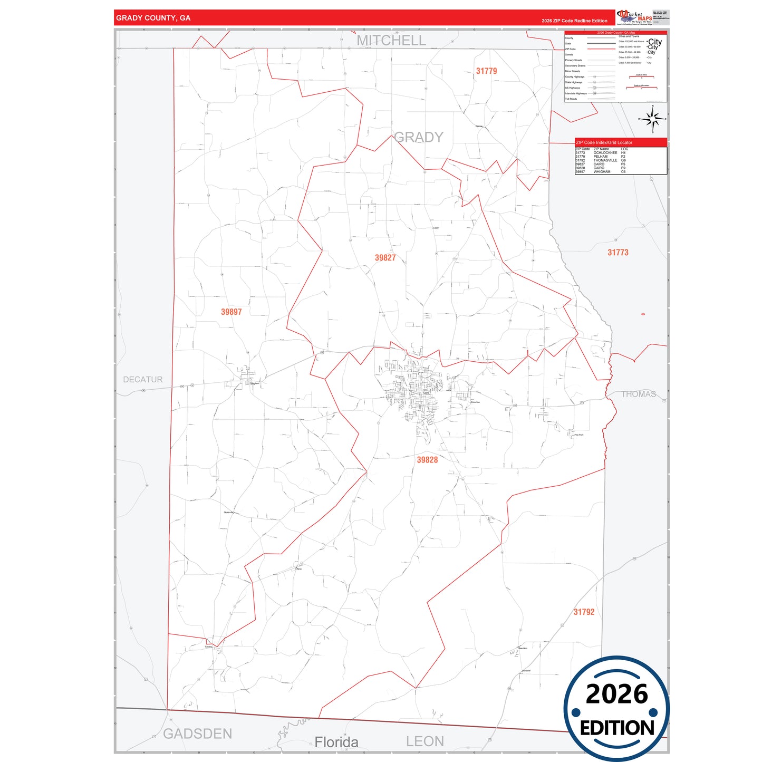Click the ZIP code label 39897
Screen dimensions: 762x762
(231, 312)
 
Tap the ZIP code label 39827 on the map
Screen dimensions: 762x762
(385, 257)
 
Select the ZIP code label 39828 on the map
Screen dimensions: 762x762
(427, 459)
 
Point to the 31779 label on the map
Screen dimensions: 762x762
(486, 71)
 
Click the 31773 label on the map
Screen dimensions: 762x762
(618, 252)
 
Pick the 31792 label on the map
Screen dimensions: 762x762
(584, 612)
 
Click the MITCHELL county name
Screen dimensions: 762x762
(391, 40)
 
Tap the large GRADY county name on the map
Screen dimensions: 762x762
(419, 137)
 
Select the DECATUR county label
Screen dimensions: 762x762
(142, 379)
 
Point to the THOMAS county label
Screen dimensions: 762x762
(638, 394)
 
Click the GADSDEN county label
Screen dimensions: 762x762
(197, 734)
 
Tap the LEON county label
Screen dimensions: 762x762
(425, 741)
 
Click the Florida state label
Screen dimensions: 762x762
(336, 742)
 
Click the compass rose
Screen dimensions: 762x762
(652, 119)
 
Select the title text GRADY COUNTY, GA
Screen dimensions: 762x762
(153, 18)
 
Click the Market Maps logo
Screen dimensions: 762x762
(634, 17)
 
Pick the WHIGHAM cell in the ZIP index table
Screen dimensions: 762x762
(602, 172)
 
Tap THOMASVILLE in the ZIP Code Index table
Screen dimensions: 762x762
(605, 160)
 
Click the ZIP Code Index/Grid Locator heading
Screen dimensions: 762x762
(604, 142)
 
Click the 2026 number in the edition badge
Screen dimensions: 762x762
(616, 693)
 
